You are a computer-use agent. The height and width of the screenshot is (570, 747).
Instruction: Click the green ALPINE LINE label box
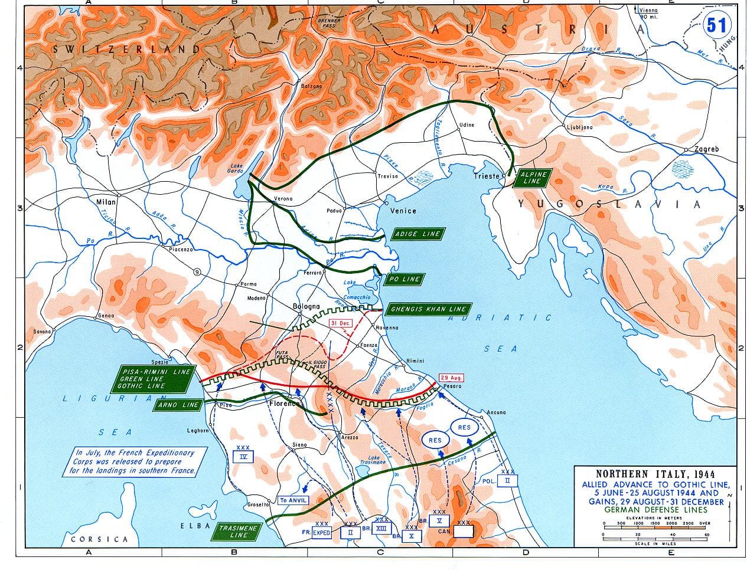533,178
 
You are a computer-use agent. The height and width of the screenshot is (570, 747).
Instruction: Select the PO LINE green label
405,279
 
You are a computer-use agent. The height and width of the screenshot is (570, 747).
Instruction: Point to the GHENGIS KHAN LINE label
428,309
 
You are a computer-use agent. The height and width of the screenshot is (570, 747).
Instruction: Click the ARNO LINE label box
180,405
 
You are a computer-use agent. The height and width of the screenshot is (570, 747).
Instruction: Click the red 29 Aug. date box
452,378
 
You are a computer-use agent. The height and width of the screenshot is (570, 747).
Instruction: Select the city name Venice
404,211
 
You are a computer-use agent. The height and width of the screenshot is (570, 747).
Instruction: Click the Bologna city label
306,306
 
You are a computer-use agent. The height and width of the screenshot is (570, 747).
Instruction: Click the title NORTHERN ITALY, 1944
655,473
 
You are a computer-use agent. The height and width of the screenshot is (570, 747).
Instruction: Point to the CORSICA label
99,539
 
